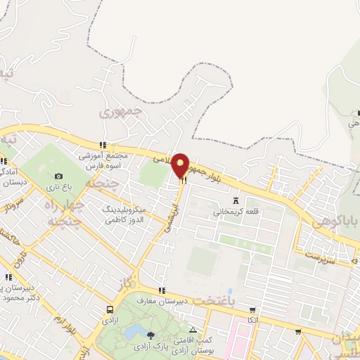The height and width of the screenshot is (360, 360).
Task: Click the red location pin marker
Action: [x=181, y=165]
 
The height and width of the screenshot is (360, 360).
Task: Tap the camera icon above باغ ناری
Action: [x=58, y=176]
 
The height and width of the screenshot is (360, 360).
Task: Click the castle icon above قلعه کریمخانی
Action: [x=236, y=199]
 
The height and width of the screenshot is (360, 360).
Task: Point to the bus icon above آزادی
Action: [x=110, y=309]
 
